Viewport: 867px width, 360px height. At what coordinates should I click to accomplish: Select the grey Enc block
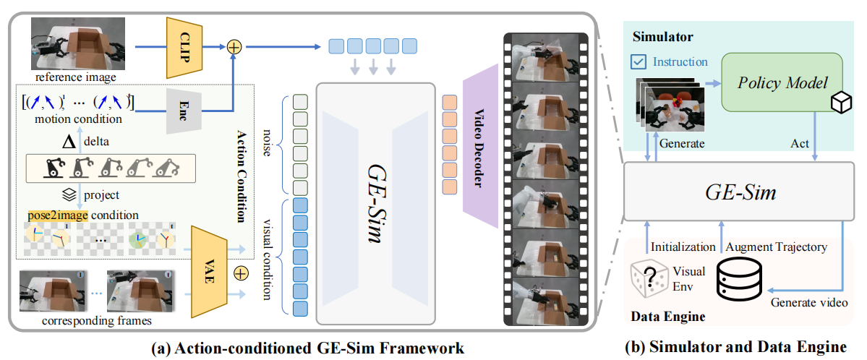pyautogui.click(x=182, y=111)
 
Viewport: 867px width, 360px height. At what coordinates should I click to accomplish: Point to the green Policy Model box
pyautogui.click(x=782, y=83)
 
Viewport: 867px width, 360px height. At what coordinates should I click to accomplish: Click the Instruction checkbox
pyautogui.click(x=639, y=61)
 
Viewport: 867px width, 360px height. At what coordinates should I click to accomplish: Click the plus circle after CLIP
pyautogui.click(x=234, y=46)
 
